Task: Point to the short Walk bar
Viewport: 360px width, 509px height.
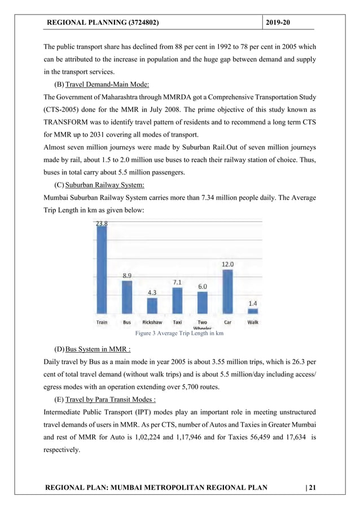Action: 253,310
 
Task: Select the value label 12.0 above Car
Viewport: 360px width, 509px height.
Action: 227,264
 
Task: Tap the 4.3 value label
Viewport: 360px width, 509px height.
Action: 152,293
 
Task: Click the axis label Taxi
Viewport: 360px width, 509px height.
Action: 177,322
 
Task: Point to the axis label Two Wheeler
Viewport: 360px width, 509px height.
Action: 202,324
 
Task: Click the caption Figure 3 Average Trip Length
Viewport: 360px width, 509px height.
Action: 181,334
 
